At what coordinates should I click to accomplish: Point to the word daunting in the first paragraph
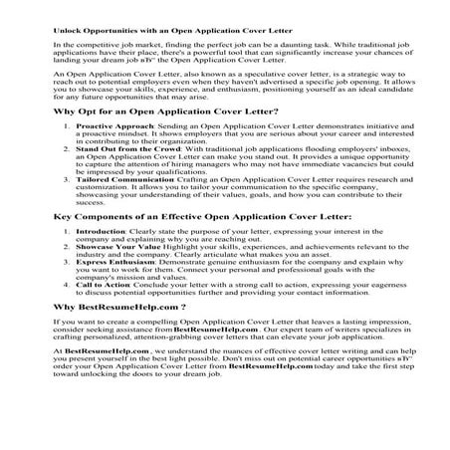(x=335, y=46)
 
